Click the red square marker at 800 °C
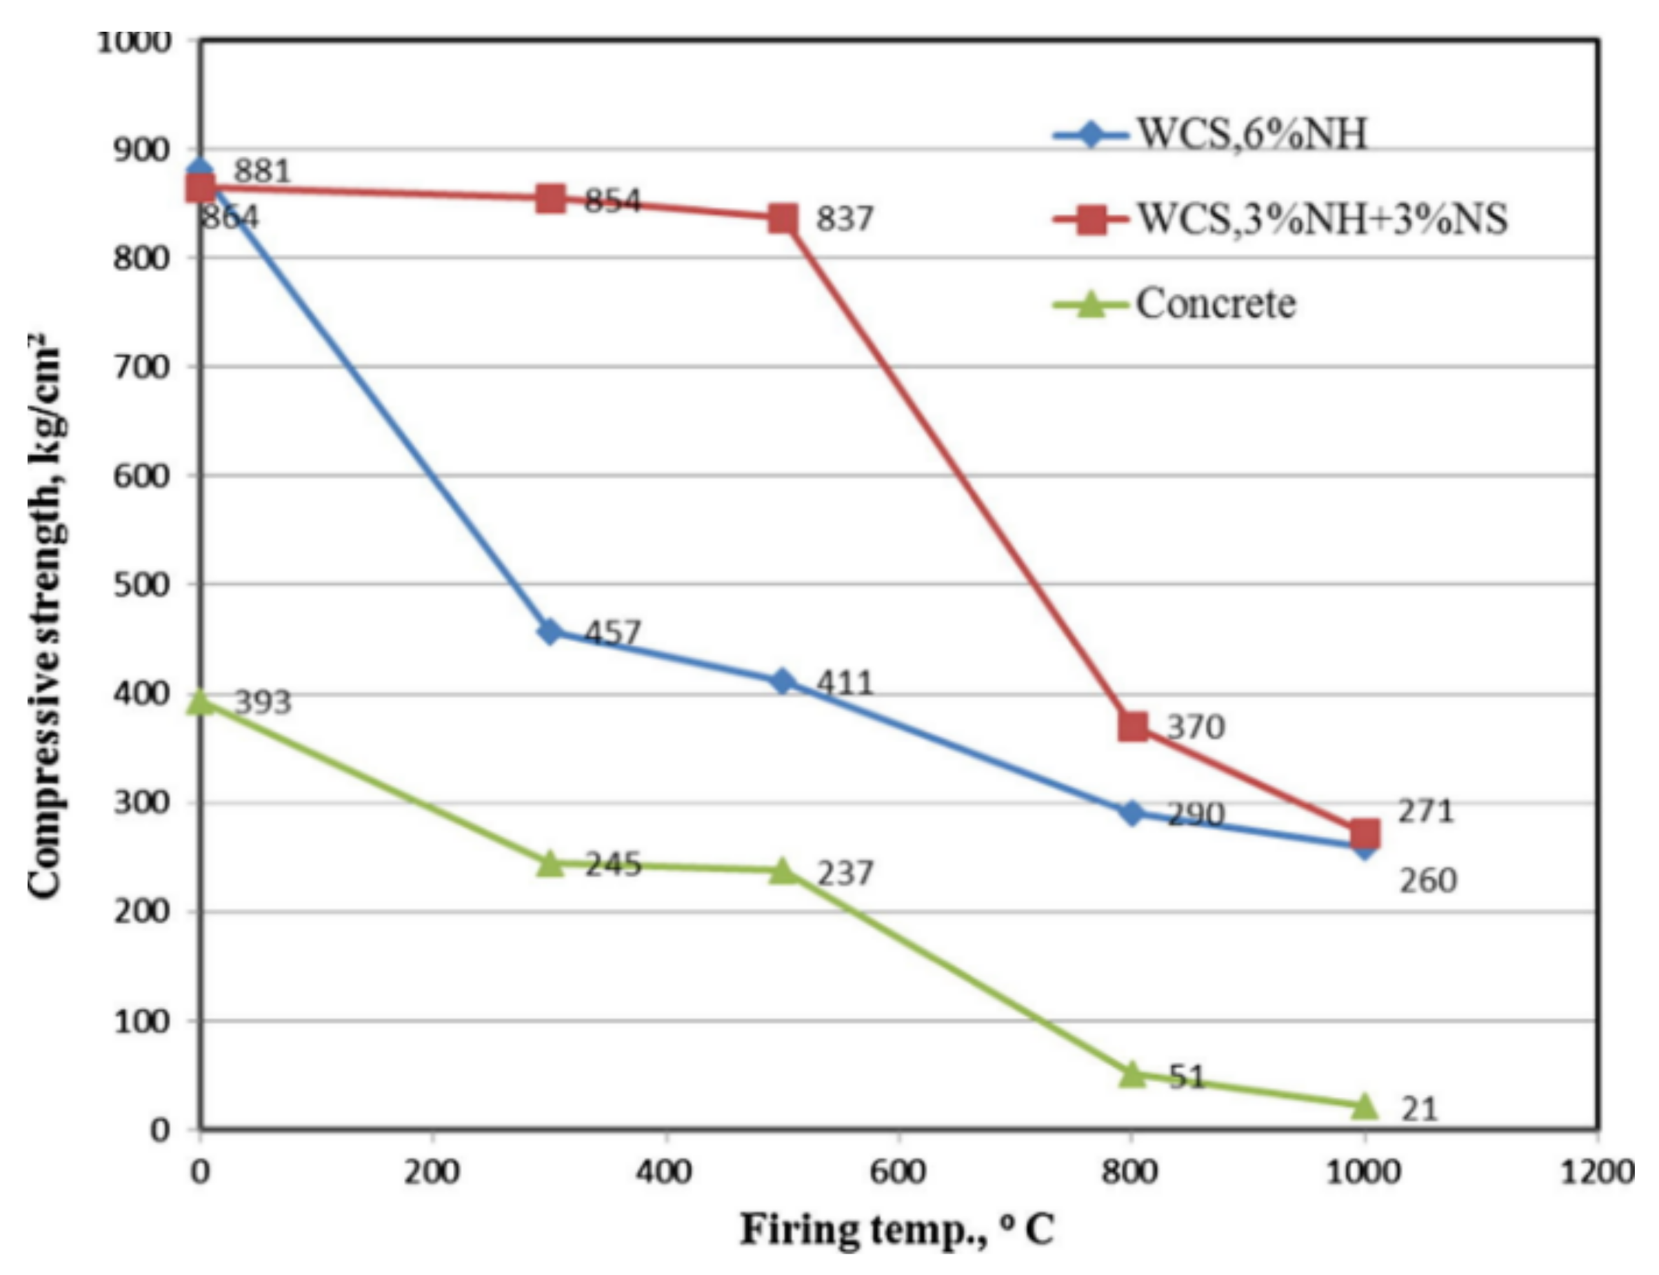coord(1132,727)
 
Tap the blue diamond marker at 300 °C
coord(550,631)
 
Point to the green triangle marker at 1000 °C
coord(1365,1106)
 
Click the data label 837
coord(844,219)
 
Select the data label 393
coord(262,702)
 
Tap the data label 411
coord(844,683)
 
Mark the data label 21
coord(1418,1109)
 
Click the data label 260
coord(1427,880)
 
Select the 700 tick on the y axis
coord(142,367)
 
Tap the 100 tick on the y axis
coord(142,1022)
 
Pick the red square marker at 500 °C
coord(783,219)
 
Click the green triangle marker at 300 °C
coord(550,863)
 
